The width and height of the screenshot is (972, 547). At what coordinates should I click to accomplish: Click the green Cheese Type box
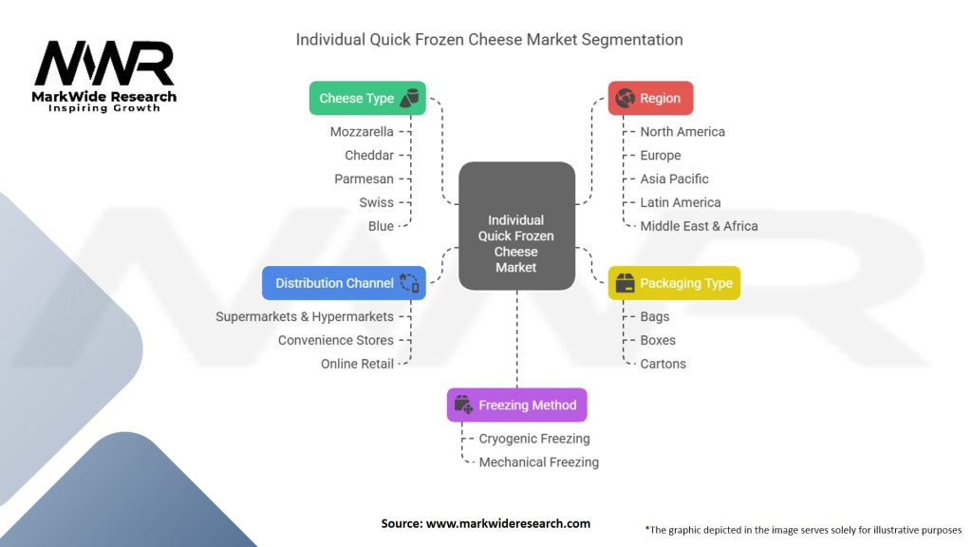(x=367, y=98)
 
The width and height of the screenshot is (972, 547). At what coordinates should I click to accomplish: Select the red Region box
(x=650, y=98)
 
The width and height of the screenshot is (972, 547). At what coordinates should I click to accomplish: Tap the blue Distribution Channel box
(x=344, y=283)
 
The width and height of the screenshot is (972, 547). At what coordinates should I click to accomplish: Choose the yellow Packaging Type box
(x=673, y=283)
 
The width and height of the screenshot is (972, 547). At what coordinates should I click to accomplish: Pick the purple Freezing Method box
(x=516, y=405)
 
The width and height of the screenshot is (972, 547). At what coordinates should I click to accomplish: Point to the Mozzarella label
(x=362, y=132)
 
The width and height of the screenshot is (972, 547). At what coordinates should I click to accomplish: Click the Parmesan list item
(x=364, y=179)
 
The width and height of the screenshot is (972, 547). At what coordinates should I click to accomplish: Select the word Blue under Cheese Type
(x=381, y=226)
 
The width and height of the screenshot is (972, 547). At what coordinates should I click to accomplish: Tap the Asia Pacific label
(x=674, y=179)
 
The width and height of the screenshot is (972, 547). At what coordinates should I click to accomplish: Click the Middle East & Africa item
(x=699, y=226)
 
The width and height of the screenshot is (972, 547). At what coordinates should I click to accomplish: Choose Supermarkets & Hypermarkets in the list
(x=304, y=316)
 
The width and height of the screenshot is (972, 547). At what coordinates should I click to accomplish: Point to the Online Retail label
(x=357, y=364)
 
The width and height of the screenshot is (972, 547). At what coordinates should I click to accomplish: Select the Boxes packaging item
(x=658, y=340)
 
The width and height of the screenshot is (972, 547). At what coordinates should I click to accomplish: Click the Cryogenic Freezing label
(x=534, y=439)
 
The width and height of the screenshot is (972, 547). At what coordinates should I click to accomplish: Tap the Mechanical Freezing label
(x=538, y=462)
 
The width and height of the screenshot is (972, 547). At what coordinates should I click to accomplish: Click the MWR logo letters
(x=104, y=65)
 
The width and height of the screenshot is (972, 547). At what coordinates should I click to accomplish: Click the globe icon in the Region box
(x=625, y=98)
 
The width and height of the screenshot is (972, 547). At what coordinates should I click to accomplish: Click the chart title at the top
(x=489, y=40)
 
